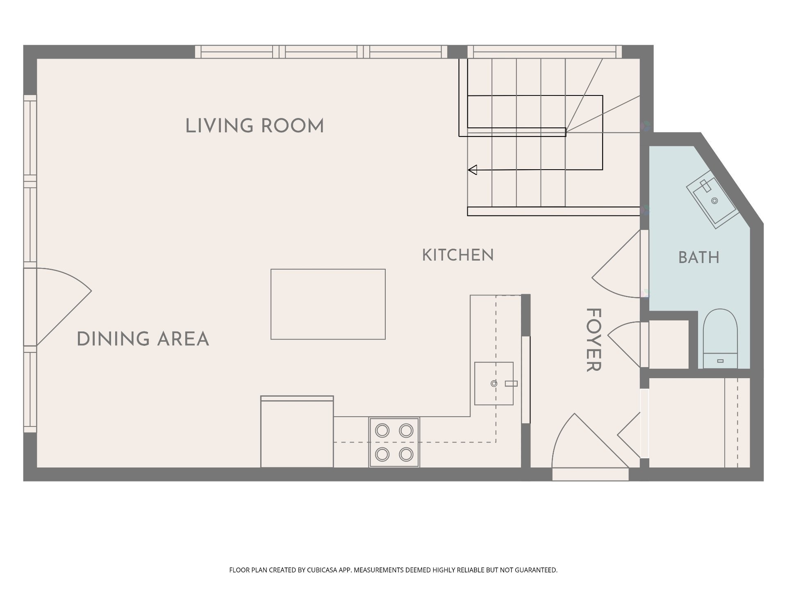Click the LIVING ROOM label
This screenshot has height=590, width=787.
tap(255, 126)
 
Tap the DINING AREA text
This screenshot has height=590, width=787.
tap(143, 339)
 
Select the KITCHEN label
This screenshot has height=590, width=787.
tap(458, 255)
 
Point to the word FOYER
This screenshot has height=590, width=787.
tap(593, 340)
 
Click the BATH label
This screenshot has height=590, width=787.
tap(699, 258)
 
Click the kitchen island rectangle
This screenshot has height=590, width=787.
tap(328, 304)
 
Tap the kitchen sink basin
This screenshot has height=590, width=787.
tap(494, 383)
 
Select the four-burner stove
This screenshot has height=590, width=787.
tap(394, 442)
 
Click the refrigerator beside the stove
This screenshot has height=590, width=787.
tap(297, 431)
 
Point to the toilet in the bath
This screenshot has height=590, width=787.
tap(720, 338)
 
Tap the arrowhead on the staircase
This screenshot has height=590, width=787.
tap(473, 170)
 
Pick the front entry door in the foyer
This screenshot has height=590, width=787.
tap(590, 440)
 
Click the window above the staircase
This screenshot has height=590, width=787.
tap(545, 52)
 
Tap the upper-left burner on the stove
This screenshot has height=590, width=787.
tap(382, 431)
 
